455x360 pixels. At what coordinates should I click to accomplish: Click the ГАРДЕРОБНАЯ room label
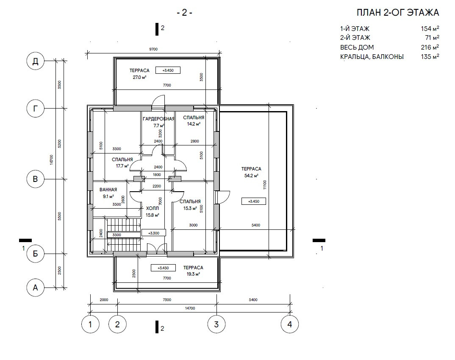coord(159,119)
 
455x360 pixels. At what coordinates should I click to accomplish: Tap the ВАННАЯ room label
coord(108,190)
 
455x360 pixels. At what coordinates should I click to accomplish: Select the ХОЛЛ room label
coord(153,209)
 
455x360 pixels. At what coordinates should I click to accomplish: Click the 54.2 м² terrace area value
coord(251,176)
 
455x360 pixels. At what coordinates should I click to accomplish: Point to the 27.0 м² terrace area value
coord(139,77)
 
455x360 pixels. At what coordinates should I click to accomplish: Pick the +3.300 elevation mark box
coord(154,233)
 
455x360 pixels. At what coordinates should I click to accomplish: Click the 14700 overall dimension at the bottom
coord(190,308)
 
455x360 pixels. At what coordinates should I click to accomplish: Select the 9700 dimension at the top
coord(153,49)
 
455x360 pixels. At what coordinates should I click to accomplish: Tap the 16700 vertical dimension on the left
coord(51,160)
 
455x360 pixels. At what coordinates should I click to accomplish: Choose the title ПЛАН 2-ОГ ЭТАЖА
coord(398,13)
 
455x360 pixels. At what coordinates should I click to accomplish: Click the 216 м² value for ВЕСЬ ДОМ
coord(430,47)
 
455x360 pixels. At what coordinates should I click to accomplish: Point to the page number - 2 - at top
coord(185,13)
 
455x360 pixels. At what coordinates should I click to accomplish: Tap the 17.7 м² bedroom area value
coord(122,166)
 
